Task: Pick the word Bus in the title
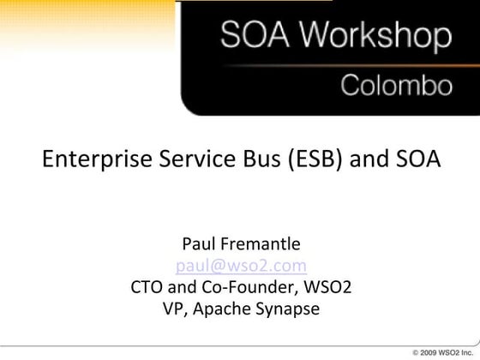(x=246, y=159)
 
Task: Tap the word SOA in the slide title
(x=415, y=159)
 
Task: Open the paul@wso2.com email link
(x=241, y=265)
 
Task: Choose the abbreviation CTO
(x=147, y=286)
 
